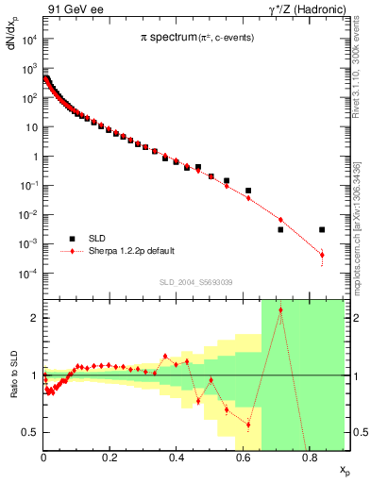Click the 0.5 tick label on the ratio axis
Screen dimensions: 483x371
coord(32,432)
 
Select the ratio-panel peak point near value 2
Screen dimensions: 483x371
coord(280,310)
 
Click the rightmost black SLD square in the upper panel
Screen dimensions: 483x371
coord(322,229)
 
